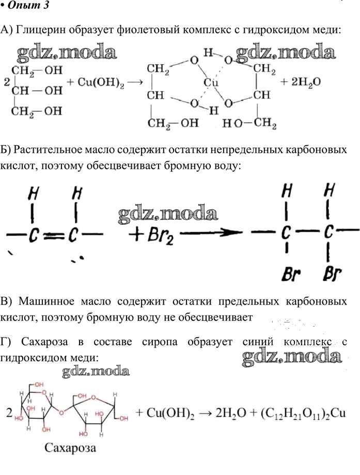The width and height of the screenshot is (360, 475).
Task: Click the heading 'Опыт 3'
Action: click(27, 5)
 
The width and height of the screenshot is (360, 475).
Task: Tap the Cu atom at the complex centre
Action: click(211, 82)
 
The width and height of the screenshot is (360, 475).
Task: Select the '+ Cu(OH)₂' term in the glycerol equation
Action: click(96, 82)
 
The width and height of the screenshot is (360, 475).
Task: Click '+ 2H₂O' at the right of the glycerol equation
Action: click(301, 82)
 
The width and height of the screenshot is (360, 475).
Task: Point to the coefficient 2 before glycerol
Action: click(7, 82)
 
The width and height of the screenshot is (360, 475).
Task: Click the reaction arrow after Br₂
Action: click(211, 233)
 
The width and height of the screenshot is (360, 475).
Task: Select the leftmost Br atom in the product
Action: click(290, 274)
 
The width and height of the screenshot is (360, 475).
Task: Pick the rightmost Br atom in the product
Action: click(332, 274)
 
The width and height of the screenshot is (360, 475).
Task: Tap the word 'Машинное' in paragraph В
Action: click(46, 302)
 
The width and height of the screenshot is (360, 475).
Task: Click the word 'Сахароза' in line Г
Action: click(44, 342)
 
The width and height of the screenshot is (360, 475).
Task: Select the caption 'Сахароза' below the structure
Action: click(70, 448)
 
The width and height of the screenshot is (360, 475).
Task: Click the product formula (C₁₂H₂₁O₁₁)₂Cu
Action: click(303, 413)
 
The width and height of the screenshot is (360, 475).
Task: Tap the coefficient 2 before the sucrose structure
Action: click(9, 412)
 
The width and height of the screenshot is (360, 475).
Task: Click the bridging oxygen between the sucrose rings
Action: click(61, 412)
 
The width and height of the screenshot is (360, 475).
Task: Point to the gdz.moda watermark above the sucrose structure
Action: click(96, 372)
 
